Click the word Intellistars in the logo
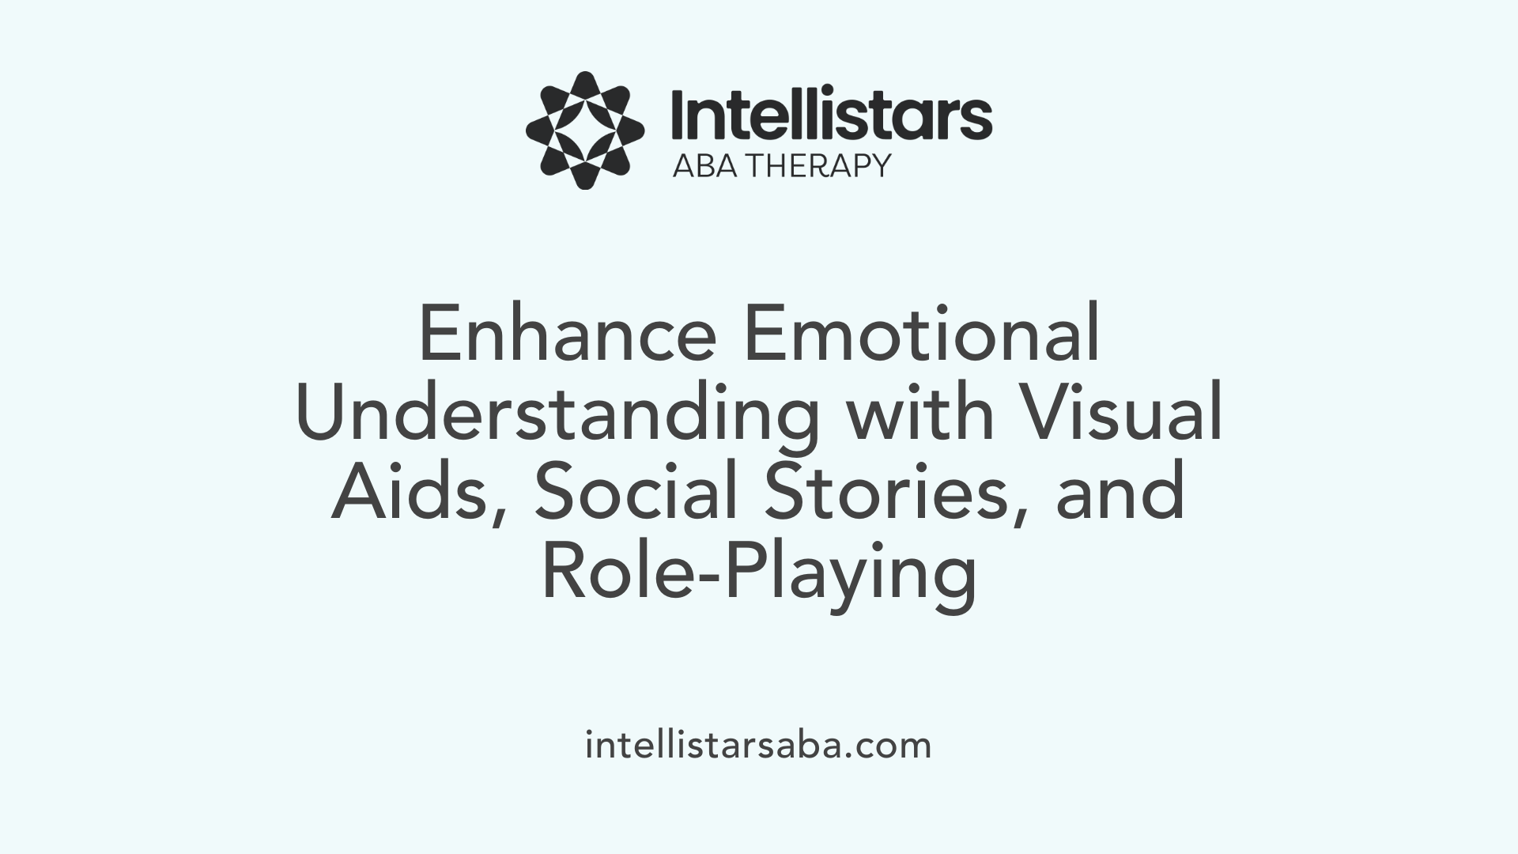[830, 115]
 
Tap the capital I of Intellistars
[678, 115]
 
